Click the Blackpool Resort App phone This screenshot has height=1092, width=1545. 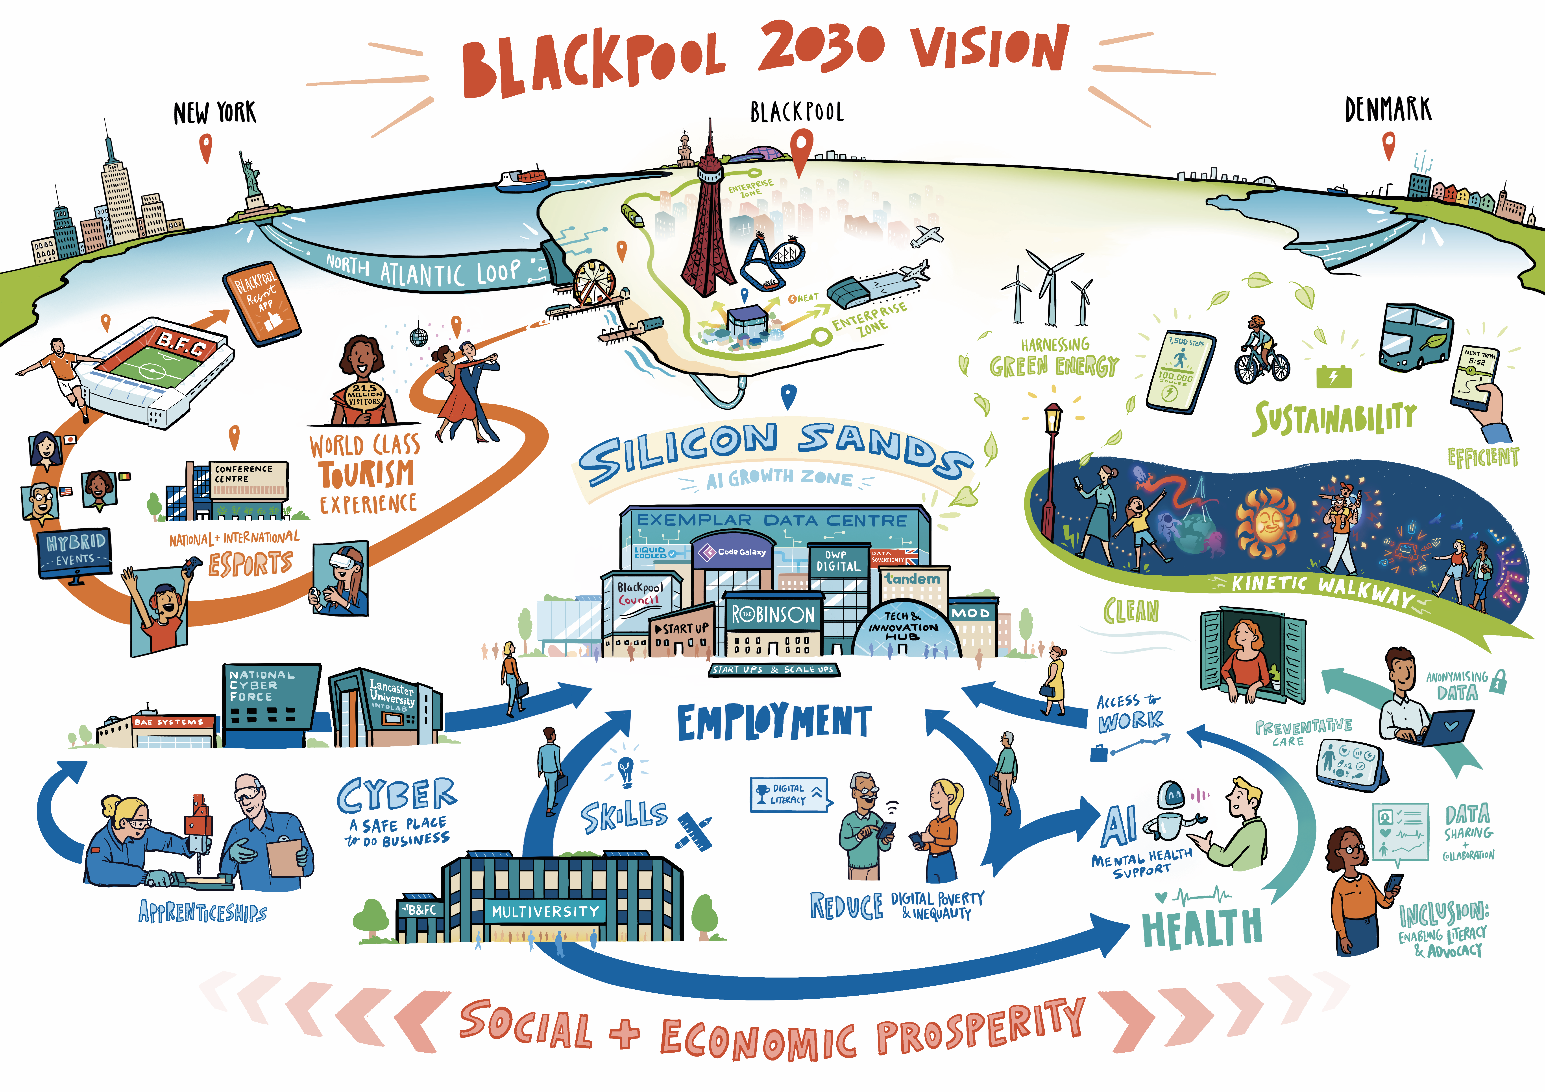[262, 303]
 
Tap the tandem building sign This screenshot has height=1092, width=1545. [913, 579]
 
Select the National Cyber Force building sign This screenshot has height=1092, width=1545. [262, 685]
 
